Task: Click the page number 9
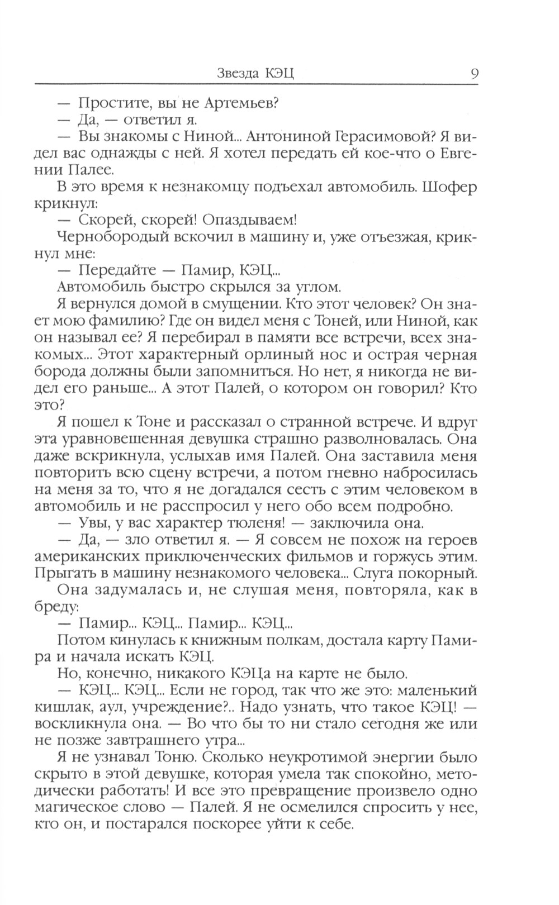click(473, 74)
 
